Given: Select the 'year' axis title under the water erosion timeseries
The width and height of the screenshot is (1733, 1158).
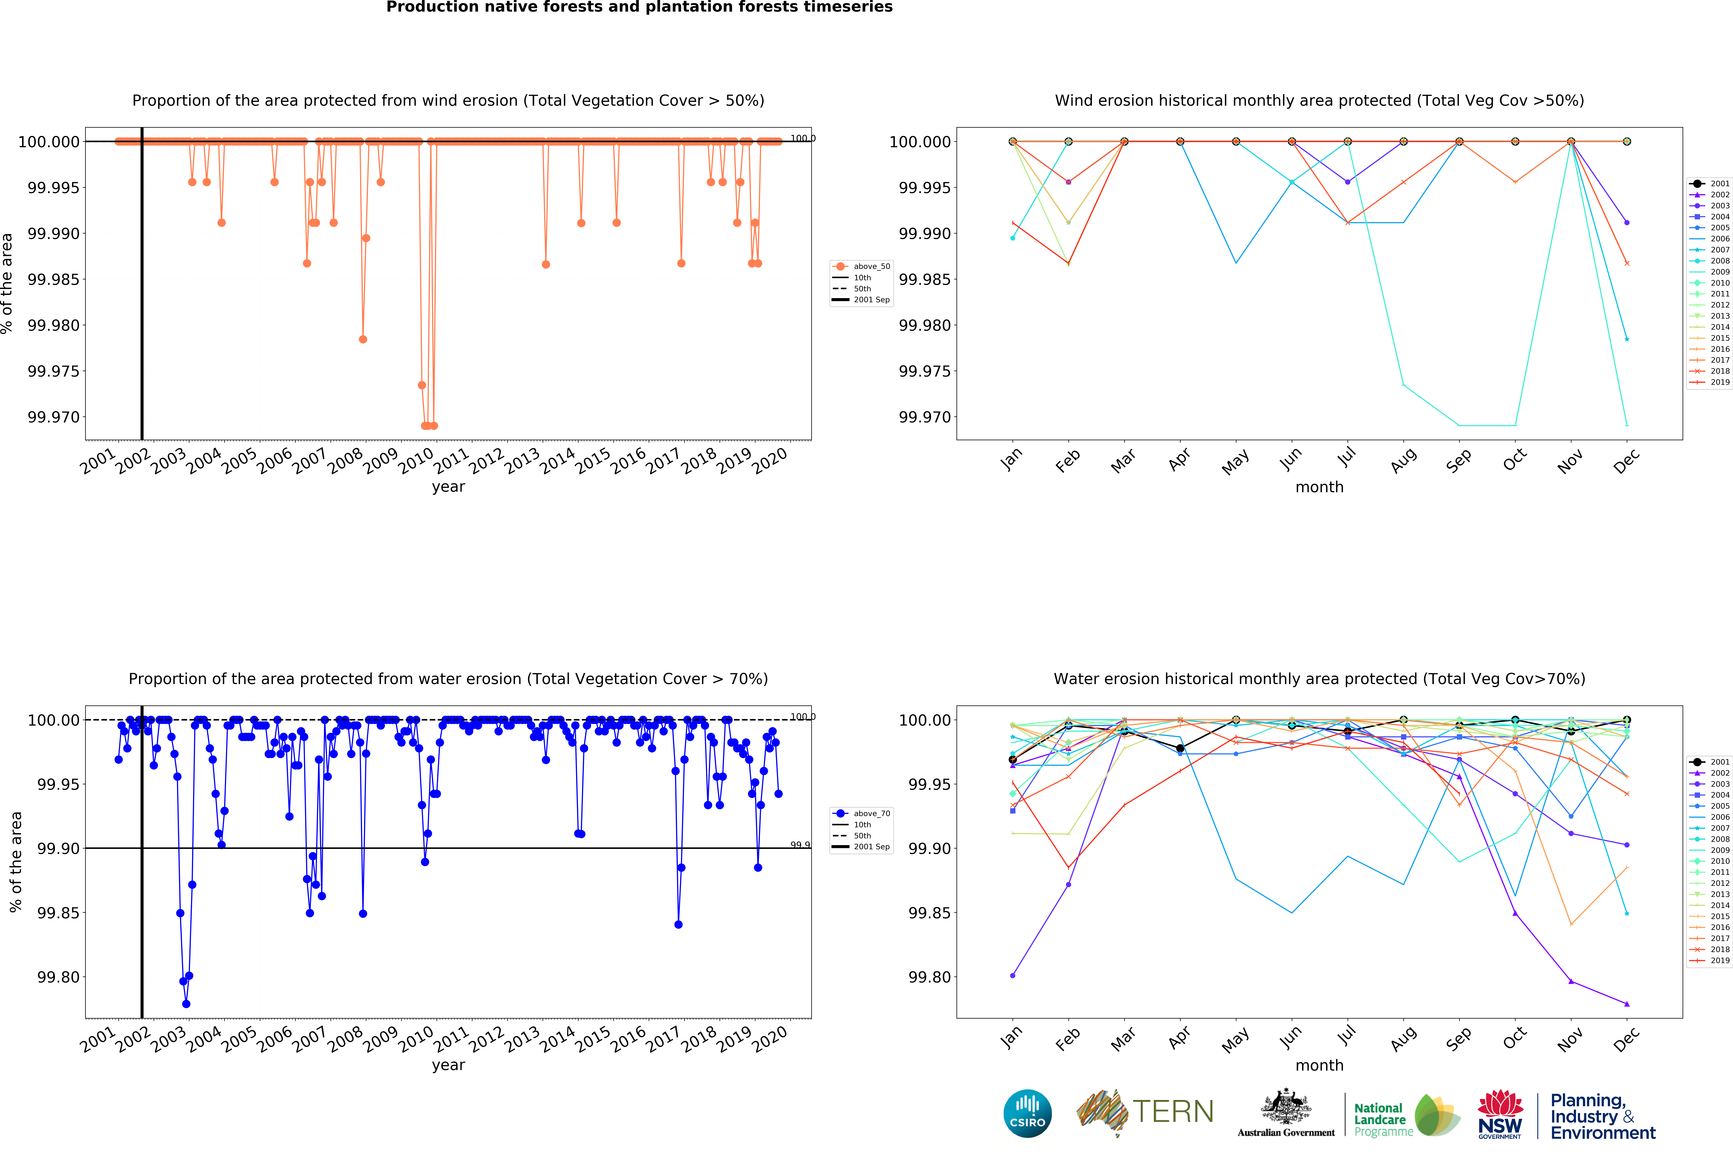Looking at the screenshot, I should pos(448,1065).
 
